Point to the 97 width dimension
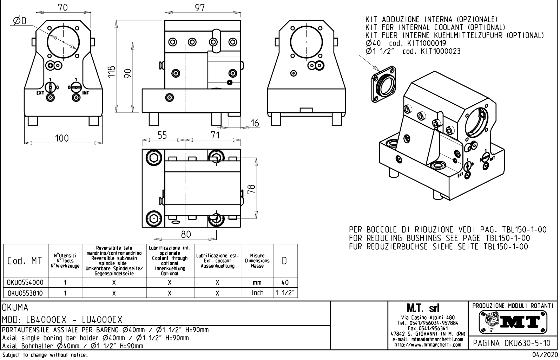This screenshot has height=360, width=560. pyautogui.click(x=200, y=8)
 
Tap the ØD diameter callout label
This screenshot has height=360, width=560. pyautogui.click(x=20, y=21)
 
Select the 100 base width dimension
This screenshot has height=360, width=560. pyautogui.click(x=62, y=138)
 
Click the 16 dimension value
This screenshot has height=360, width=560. pyautogui.click(x=255, y=123)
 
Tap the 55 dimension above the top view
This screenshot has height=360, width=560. pyautogui.click(x=162, y=135)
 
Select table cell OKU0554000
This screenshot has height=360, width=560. pyautogui.click(x=26, y=282)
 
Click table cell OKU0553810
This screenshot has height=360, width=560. pyautogui.click(x=26, y=293)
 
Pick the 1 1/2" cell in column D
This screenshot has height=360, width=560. pyautogui.click(x=285, y=293)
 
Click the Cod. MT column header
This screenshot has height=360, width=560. pyautogui.click(x=25, y=261)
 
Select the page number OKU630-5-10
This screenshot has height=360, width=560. pyautogui.click(x=513, y=342)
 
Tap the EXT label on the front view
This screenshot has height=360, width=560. pyautogui.click(x=41, y=93)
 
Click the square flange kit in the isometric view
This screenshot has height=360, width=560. pyautogui.click(x=383, y=84)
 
